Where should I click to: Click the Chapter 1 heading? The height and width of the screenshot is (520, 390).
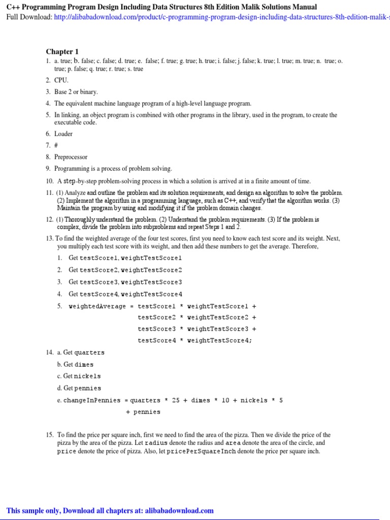point(62,51)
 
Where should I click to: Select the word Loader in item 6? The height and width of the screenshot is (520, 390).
point(63,134)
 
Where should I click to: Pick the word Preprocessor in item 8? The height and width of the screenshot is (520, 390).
point(71,157)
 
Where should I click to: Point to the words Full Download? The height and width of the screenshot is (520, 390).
point(28,17)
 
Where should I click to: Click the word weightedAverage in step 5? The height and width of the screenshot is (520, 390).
point(97,306)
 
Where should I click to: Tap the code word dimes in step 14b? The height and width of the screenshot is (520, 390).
point(84,365)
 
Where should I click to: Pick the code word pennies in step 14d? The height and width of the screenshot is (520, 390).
point(88,388)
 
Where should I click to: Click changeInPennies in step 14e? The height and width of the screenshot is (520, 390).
point(92,400)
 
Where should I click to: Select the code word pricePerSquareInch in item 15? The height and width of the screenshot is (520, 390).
point(206,451)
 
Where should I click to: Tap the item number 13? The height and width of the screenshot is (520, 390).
point(49,238)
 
